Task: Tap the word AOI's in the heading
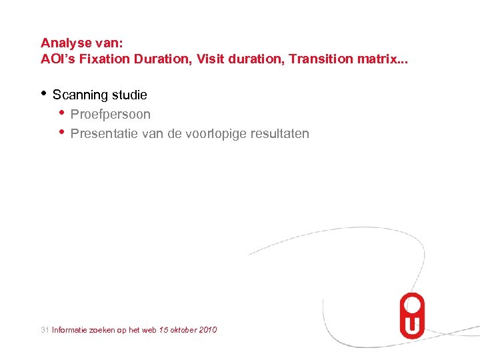(x=57, y=59)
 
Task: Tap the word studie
(x=129, y=95)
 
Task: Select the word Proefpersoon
(x=111, y=115)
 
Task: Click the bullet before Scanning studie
(x=43, y=93)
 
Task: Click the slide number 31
(x=45, y=330)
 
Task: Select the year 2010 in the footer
(x=207, y=330)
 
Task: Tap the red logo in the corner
(x=411, y=315)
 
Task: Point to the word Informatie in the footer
(x=69, y=330)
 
